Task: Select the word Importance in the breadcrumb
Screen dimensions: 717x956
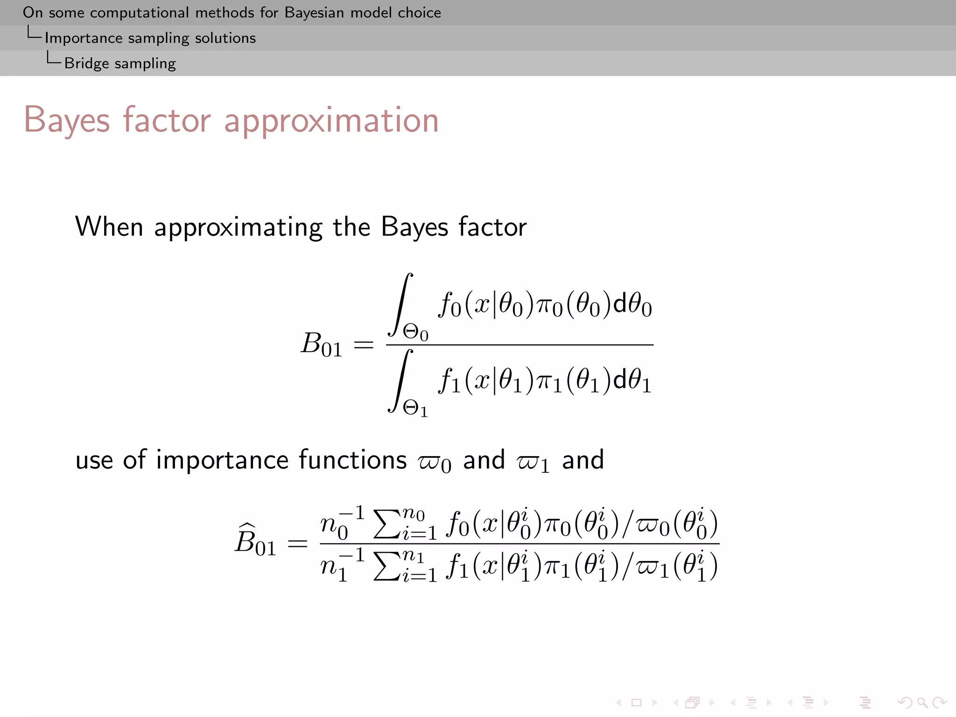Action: [x=83, y=38]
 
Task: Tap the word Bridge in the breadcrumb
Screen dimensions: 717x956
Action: [x=86, y=63]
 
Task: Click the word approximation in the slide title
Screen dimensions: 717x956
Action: [x=331, y=120]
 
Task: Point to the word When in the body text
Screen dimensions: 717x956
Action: [x=109, y=227]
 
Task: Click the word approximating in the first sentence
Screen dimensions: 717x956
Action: [x=238, y=228]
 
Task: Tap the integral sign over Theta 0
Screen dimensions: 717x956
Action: [x=401, y=304]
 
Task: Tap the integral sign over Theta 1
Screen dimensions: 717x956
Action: [x=401, y=380]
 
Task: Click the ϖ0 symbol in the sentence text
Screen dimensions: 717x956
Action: [x=435, y=462]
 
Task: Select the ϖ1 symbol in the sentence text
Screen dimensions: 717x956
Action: [x=533, y=462]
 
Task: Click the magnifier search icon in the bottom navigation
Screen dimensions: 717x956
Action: [x=922, y=702]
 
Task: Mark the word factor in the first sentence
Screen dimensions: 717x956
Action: [x=492, y=227]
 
